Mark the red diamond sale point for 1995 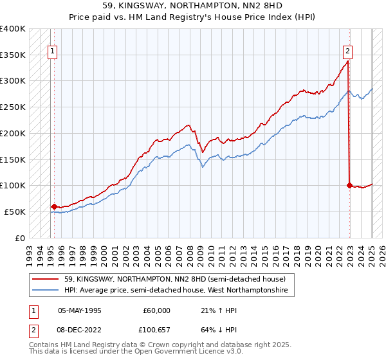coord(53,206)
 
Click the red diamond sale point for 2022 coord(349,185)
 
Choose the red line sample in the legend coord(46,280)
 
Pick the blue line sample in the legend coord(46,291)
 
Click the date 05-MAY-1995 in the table coord(80,310)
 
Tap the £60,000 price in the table coord(156,310)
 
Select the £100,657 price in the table coord(154,332)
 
